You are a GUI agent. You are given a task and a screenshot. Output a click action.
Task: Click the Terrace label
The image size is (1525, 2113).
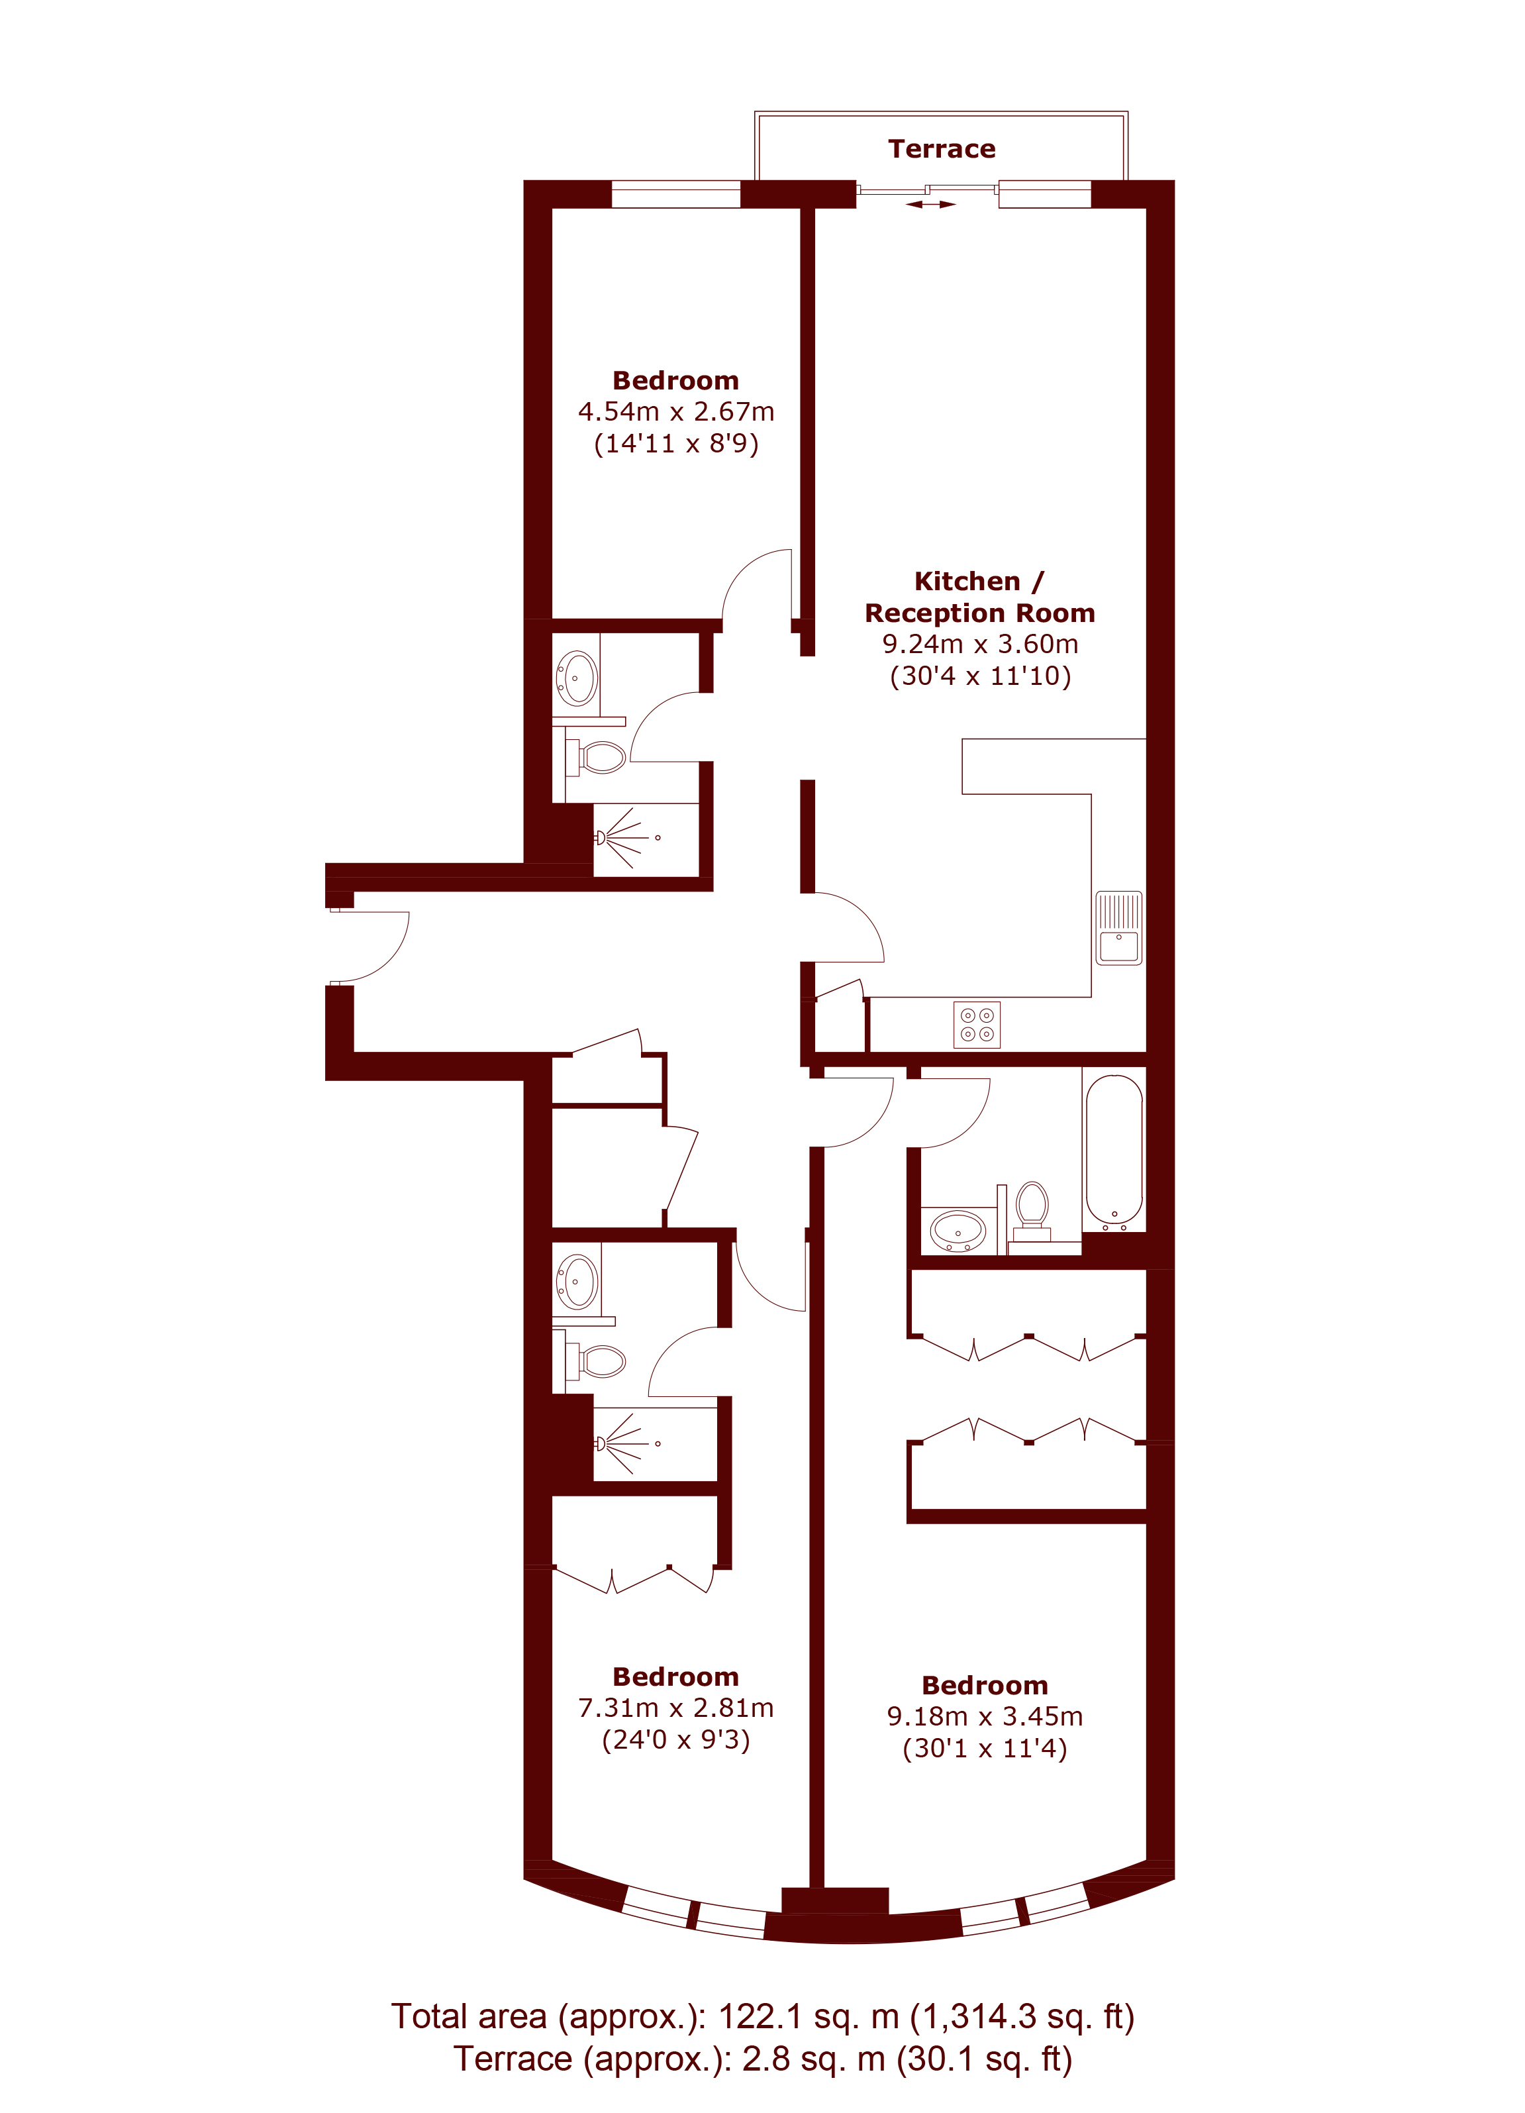click(941, 149)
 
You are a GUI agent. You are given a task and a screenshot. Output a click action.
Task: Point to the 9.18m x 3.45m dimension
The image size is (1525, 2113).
click(985, 1716)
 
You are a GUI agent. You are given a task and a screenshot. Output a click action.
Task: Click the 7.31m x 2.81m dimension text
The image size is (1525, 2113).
click(675, 1708)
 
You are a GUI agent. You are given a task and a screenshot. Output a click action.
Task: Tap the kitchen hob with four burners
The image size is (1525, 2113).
click(977, 1025)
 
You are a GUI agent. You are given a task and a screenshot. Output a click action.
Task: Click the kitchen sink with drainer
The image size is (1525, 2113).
click(1119, 928)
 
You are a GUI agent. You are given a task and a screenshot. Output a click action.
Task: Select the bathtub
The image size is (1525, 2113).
click(1114, 1150)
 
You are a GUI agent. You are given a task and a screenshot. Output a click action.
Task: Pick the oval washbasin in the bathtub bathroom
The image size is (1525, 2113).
click(958, 1231)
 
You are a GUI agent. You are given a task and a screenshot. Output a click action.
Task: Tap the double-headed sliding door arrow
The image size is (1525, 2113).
click(930, 204)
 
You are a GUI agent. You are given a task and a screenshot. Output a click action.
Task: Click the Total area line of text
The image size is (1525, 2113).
click(762, 2016)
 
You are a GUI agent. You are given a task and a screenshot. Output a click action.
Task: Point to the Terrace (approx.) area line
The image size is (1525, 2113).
click(762, 2059)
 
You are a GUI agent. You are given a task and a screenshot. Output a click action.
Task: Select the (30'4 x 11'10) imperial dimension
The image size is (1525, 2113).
click(980, 676)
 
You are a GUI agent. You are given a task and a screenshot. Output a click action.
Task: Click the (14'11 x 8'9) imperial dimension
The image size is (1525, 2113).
click(676, 444)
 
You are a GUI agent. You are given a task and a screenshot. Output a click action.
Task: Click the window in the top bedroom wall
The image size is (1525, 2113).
click(675, 195)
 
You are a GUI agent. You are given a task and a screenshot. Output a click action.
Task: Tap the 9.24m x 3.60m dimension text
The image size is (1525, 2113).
click(980, 644)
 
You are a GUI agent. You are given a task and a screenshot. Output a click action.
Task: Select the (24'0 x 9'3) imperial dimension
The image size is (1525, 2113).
click(676, 1739)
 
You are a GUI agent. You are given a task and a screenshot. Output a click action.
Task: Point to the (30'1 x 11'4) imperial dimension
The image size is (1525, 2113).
click(985, 1748)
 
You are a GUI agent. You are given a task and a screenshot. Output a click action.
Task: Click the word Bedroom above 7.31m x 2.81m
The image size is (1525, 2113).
click(675, 1677)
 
